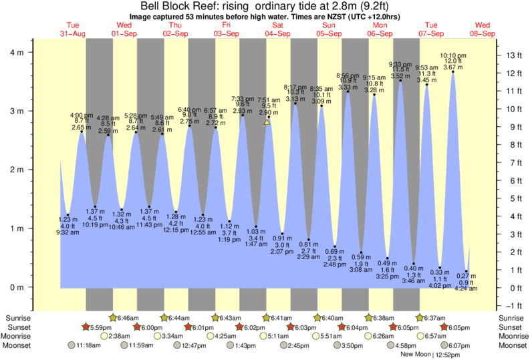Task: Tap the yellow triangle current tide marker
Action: click(267, 122)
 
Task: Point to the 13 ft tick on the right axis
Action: click(513, 55)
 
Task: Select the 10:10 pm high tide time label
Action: click(452, 55)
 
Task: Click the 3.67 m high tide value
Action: click(452, 67)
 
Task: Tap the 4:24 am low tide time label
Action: click(467, 289)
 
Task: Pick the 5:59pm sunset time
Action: click(98, 327)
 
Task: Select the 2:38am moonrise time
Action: click(119, 336)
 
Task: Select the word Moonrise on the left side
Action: click(19, 336)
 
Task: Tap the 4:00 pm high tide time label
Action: click(82, 115)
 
